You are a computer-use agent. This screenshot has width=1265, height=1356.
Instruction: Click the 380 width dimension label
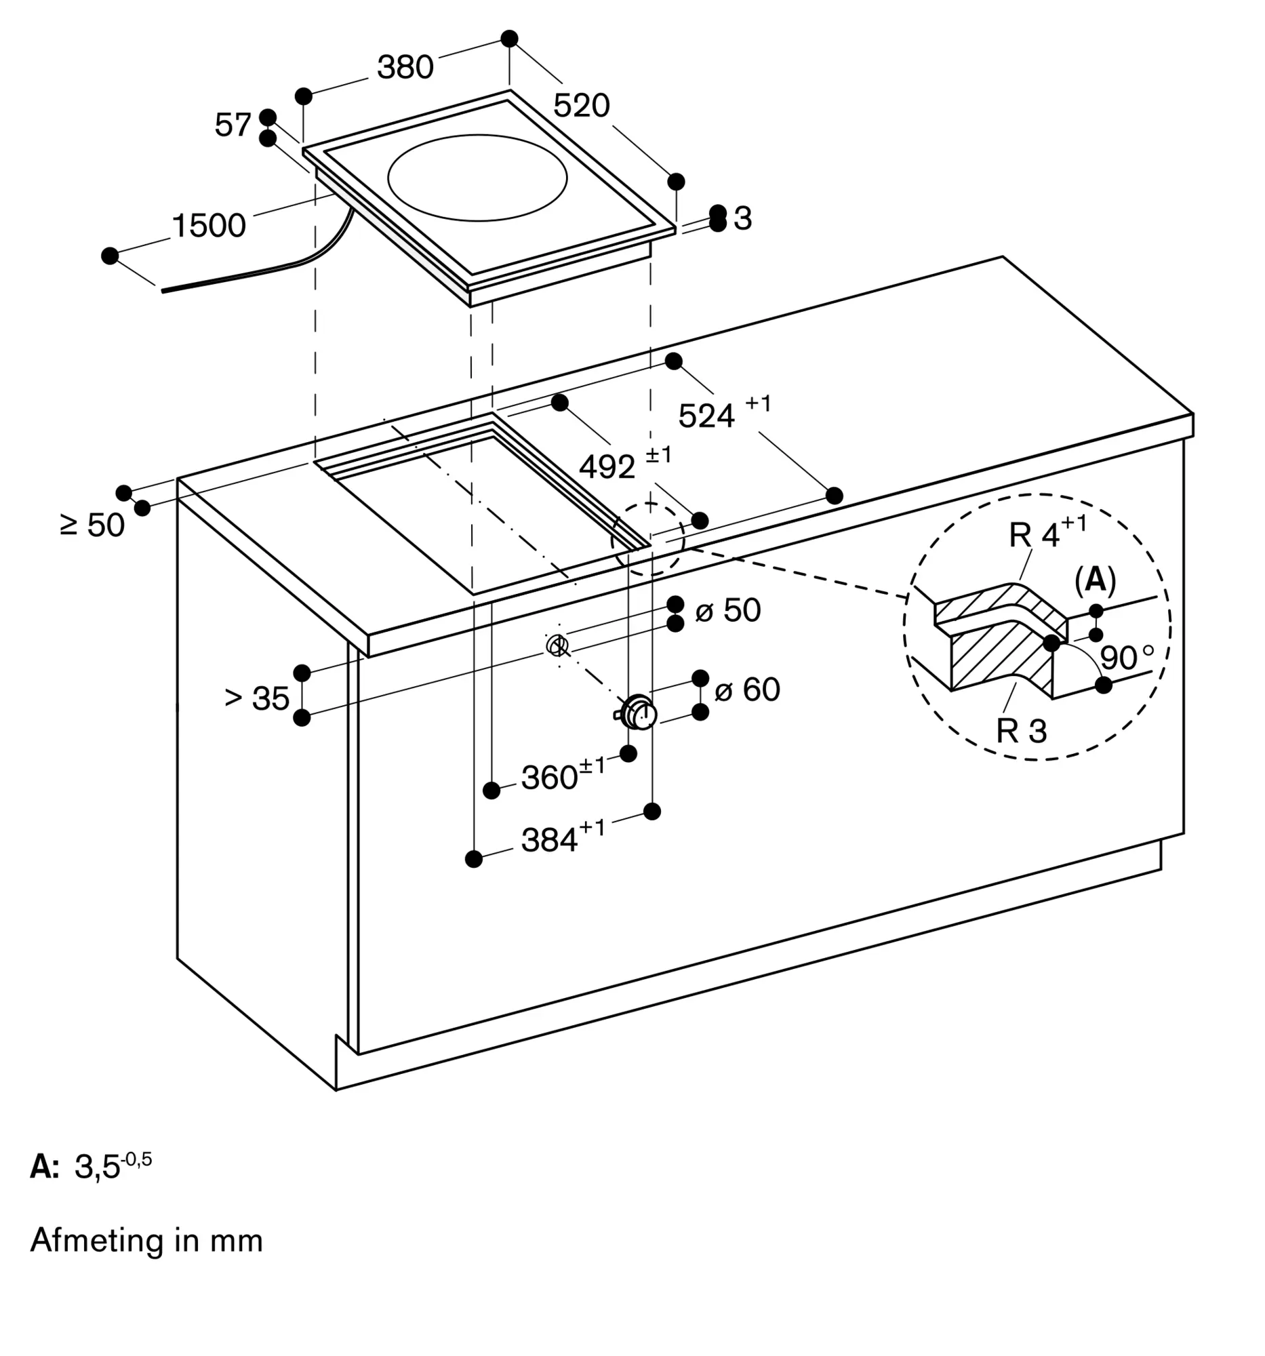pyautogui.click(x=405, y=68)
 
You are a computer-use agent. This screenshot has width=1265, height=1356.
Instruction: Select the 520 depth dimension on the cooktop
pyautogui.click(x=581, y=106)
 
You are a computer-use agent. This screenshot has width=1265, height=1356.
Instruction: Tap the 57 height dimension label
pyautogui.click(x=233, y=125)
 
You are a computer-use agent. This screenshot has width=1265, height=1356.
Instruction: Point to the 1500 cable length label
pyautogui.click(x=209, y=226)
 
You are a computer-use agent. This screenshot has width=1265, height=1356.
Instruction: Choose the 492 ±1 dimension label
pyautogui.click(x=625, y=463)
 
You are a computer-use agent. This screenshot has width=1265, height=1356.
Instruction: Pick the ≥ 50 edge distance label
pyautogui.click(x=92, y=526)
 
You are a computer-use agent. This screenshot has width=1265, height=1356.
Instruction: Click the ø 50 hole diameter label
pyautogui.click(x=727, y=610)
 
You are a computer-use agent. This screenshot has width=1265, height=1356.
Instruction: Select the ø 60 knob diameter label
pyautogui.click(x=746, y=690)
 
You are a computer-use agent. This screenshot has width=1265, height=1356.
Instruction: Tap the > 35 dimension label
pyautogui.click(x=257, y=699)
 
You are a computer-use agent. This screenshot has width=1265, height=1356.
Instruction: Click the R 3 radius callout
pyautogui.click(x=1021, y=731)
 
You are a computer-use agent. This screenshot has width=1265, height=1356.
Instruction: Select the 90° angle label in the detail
pyautogui.click(x=1127, y=658)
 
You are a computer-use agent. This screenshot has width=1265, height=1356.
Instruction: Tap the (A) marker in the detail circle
pyautogui.click(x=1096, y=580)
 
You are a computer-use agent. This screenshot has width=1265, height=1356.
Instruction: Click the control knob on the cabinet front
pyautogui.click(x=639, y=713)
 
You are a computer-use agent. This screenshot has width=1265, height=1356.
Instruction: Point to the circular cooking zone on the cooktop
pyautogui.click(x=477, y=178)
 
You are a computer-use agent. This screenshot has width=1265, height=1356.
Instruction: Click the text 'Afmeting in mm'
pyautogui.click(x=146, y=1240)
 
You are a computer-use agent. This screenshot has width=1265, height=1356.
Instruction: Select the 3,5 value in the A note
pyautogui.click(x=97, y=1167)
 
